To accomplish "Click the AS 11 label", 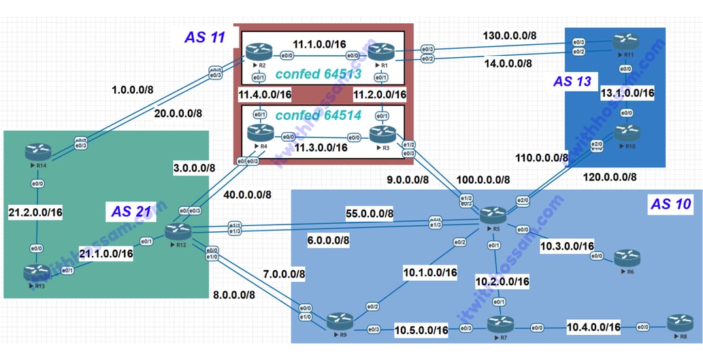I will (x=204, y=37).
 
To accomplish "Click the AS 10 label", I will (x=670, y=204).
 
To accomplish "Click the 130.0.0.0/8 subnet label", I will (x=510, y=35).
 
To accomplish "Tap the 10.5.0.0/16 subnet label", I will (x=421, y=331).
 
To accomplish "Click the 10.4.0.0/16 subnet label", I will (x=593, y=328).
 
